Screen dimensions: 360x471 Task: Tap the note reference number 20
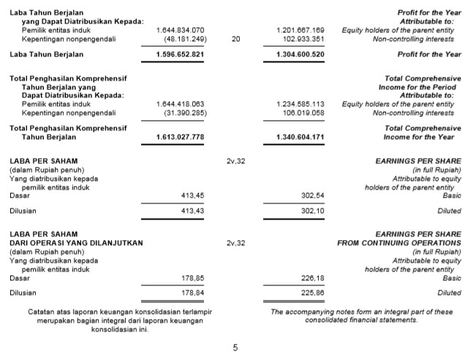(x=235, y=39)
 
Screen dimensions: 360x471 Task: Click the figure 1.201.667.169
(x=301, y=30)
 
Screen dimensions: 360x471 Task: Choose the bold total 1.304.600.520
(x=301, y=54)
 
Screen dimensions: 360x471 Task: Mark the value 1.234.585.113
(x=301, y=105)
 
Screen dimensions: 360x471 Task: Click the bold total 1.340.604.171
(x=301, y=137)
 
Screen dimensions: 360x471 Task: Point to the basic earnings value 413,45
(x=192, y=195)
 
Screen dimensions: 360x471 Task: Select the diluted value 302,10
(x=312, y=211)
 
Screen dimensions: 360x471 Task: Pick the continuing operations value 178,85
(x=192, y=278)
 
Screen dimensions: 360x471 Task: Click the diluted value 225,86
(x=312, y=293)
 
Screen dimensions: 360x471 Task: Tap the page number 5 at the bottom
(x=235, y=348)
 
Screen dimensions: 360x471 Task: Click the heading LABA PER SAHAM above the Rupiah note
(x=43, y=160)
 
